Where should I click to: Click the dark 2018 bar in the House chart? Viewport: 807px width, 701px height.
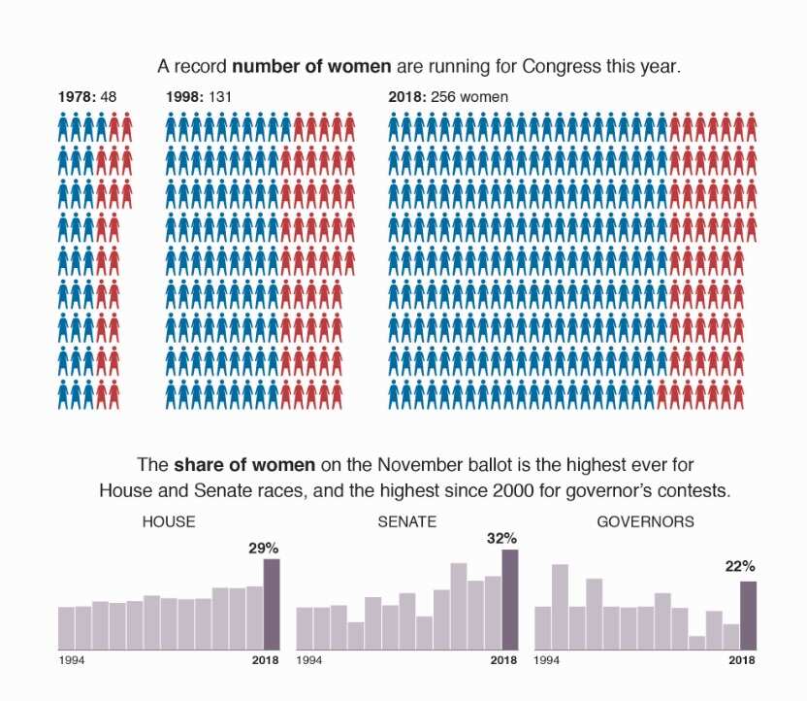pos(272,604)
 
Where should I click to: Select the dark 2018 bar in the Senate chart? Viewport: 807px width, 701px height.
pos(510,599)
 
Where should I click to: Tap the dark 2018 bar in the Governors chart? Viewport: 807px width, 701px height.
pos(748,615)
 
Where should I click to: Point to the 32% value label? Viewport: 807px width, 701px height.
pos(501,538)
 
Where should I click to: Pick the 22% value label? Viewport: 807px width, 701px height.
pos(740,566)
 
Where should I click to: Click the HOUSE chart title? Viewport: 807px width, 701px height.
pos(169,521)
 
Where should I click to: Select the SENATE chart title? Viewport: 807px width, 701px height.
pos(407,521)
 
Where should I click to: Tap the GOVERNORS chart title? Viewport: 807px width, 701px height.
pos(645,521)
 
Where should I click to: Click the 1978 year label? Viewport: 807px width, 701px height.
pos(73,97)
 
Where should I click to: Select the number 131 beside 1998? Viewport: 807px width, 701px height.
pos(222,97)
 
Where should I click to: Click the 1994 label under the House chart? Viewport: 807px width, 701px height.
pos(72,661)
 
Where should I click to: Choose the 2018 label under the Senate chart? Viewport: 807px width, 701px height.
pos(503,661)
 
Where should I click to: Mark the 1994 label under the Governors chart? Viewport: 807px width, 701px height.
pos(548,661)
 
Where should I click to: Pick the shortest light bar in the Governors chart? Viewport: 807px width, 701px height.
pos(696,642)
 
